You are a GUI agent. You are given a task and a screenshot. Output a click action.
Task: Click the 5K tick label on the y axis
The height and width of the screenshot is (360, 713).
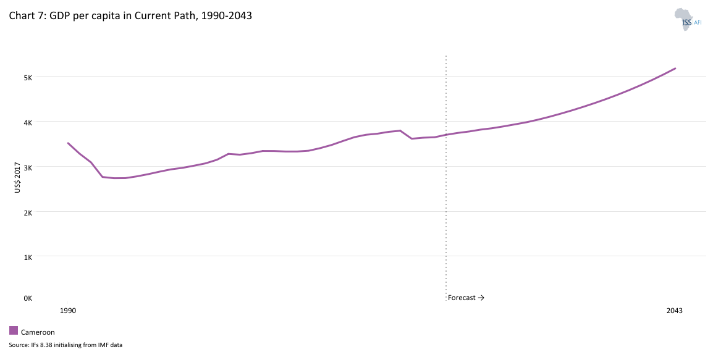[28, 77]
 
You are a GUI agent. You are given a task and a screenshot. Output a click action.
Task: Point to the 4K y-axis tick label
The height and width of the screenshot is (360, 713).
[28, 122]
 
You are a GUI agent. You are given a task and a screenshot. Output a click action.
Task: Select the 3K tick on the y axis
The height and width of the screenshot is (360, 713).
[28, 167]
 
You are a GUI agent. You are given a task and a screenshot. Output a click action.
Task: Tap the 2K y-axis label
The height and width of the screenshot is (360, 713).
[28, 212]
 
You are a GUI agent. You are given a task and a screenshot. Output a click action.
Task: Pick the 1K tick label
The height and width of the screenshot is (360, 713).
[28, 256]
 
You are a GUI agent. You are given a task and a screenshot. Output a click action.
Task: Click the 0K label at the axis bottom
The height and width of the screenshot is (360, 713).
[28, 298]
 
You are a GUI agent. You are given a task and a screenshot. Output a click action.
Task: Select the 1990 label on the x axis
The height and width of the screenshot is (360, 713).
[68, 311]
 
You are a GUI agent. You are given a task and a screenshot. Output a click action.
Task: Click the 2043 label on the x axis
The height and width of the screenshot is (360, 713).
[674, 311]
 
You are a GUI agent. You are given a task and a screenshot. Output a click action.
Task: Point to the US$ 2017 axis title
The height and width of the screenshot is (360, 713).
[17, 178]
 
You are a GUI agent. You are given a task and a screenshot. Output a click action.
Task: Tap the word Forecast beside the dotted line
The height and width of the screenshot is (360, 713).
[462, 298]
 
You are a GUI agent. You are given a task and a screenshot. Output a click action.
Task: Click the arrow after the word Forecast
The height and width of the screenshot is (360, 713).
[481, 298]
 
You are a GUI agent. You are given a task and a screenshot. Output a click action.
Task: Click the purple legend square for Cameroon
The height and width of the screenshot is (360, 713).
[14, 330]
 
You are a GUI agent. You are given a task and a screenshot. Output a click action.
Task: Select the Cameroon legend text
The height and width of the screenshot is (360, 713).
[38, 332]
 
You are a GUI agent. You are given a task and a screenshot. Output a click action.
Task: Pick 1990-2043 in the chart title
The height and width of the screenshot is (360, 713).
[225, 16]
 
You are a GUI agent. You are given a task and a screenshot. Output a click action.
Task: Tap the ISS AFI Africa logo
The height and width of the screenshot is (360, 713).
[688, 19]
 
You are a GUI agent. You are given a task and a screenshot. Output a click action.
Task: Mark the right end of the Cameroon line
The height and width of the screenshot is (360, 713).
[675, 69]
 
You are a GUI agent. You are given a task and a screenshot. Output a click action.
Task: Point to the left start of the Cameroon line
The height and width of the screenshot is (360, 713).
[68, 143]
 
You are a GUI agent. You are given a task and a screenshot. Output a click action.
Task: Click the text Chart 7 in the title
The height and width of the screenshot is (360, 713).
[25, 16]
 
